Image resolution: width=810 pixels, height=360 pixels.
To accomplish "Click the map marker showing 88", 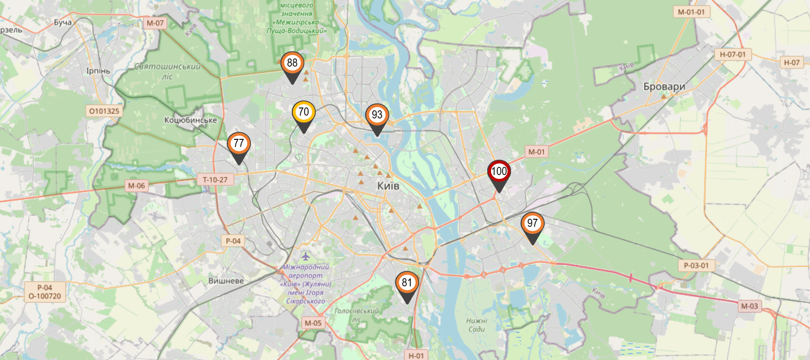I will pos(292,64).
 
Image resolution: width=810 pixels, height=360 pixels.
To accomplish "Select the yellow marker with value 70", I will pos(303,113).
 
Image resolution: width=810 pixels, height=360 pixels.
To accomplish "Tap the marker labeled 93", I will pos(377,115).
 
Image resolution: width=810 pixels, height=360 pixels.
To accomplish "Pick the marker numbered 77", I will pos(239,144).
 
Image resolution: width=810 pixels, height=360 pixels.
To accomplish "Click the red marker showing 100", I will pos(499,172).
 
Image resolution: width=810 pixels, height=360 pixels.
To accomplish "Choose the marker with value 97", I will pos(532,224).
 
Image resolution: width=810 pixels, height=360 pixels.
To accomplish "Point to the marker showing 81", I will pos(407,283).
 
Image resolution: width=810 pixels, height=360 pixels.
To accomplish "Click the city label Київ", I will pos(388,186).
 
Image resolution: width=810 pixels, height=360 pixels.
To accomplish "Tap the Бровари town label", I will pos(664,87).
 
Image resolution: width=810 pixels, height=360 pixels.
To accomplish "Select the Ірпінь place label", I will pos(98,71).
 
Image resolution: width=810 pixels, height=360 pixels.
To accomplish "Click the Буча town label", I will pos(63,22).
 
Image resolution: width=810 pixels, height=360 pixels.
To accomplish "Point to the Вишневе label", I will pos(226,281).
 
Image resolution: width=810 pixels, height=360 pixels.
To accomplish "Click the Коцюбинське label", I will pos(190,120).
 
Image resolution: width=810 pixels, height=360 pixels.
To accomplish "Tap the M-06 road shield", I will pos(136,186).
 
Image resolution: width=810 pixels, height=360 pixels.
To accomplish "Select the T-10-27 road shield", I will pos(215,180).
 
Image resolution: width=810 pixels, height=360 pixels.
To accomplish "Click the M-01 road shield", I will pos(536,152).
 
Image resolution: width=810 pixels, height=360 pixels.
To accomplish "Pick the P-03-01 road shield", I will pos(696,265).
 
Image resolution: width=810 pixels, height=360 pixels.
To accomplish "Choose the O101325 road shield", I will pos(104,111).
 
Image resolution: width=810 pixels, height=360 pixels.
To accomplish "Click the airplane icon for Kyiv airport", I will pos(306,257).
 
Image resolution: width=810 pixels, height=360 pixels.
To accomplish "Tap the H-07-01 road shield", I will pos(732,55).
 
